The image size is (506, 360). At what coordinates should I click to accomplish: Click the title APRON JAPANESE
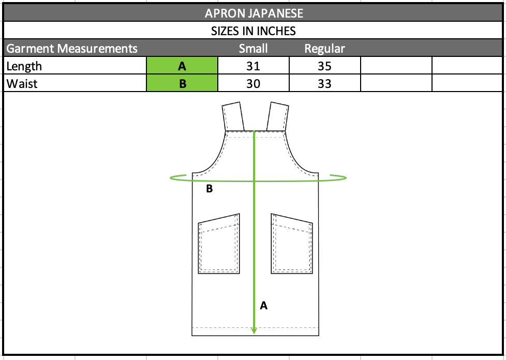click(x=254, y=13)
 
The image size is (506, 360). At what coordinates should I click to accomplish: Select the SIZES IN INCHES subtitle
click(x=254, y=31)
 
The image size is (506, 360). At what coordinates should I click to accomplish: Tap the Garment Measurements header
click(x=72, y=49)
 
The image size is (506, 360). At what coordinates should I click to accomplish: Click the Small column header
click(x=254, y=49)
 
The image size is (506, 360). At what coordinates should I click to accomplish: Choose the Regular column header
click(x=324, y=49)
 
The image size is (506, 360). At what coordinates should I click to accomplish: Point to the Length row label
click(x=24, y=66)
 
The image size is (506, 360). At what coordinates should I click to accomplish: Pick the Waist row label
click(x=22, y=84)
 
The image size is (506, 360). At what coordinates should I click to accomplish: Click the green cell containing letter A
click(x=182, y=66)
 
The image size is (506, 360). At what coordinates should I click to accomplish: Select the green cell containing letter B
click(x=182, y=83)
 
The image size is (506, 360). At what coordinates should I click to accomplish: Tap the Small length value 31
click(x=254, y=66)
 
